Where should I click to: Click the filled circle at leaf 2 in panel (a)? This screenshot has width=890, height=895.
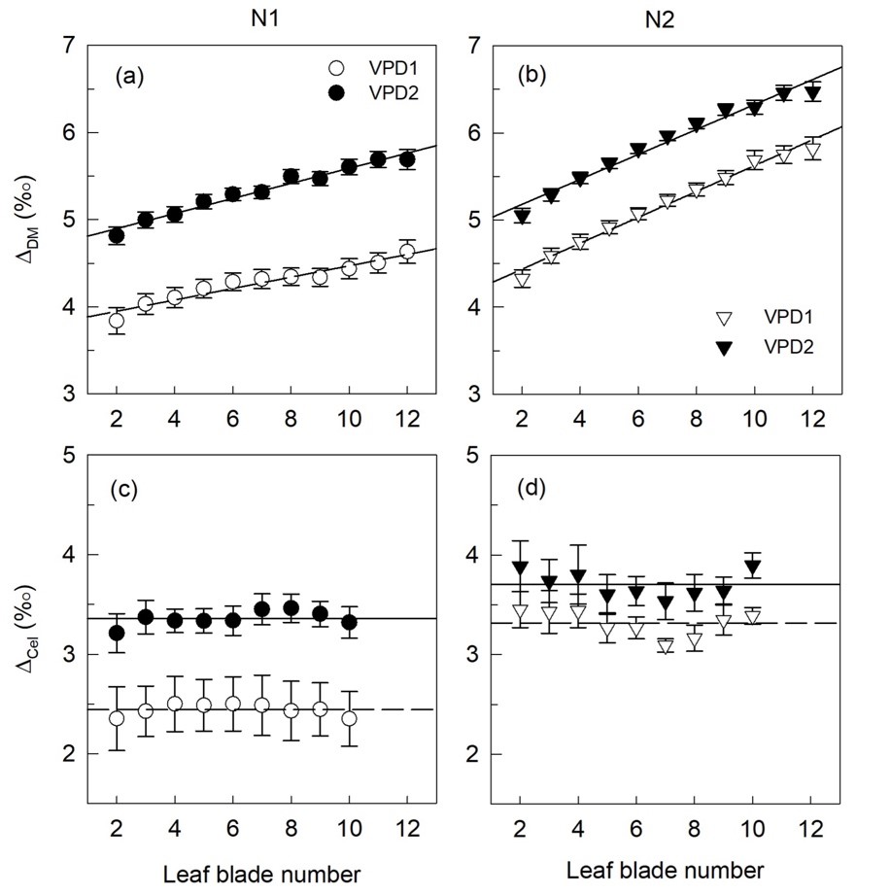click(x=117, y=235)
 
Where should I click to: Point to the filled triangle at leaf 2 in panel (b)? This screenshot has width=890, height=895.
click(x=522, y=216)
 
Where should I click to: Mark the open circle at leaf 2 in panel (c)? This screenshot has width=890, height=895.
click(x=117, y=718)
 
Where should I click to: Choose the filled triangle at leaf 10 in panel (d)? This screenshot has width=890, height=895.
click(x=753, y=567)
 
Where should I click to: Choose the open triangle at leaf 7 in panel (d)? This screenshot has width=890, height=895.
click(x=666, y=646)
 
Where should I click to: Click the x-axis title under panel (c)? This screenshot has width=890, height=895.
click(x=261, y=874)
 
